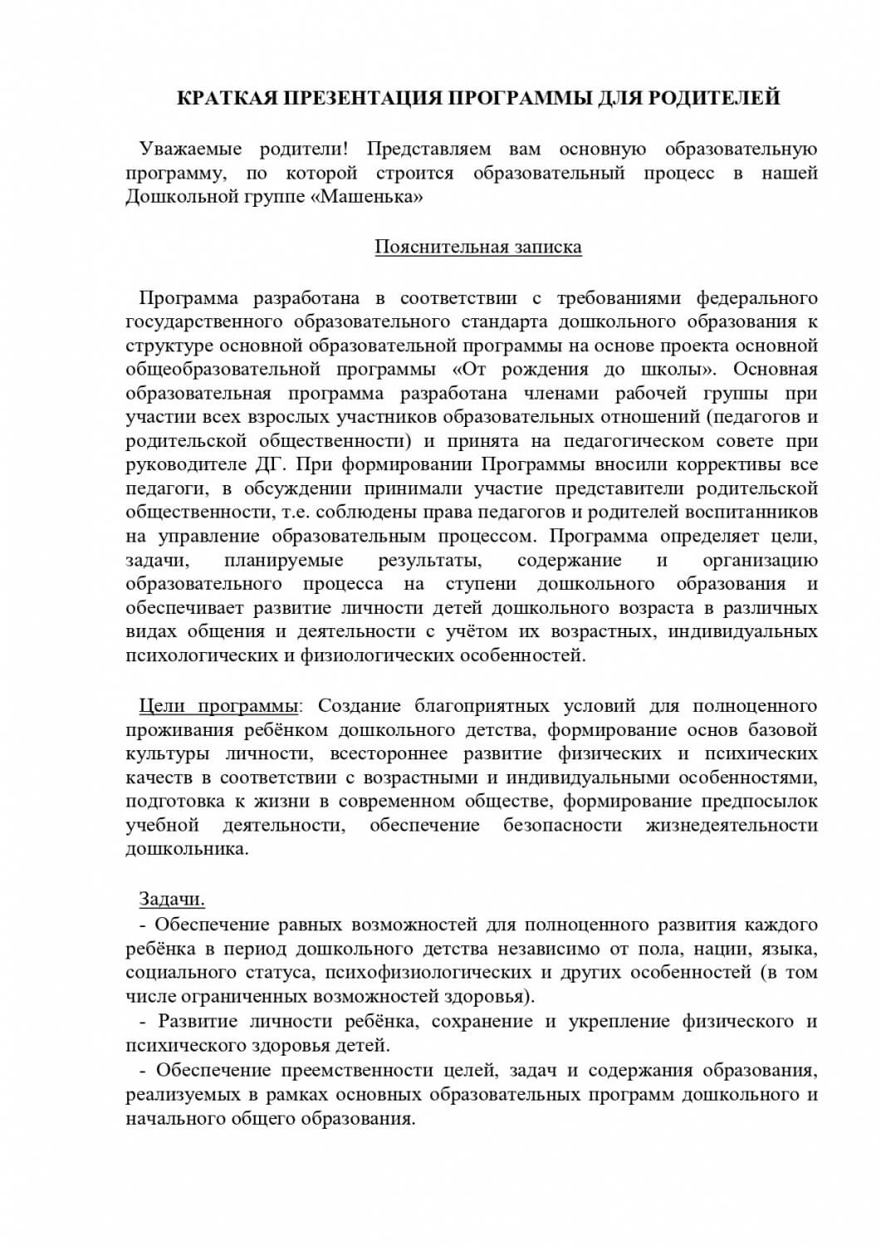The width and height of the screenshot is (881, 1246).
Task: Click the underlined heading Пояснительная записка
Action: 478,247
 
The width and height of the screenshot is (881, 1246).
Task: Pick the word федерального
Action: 756,298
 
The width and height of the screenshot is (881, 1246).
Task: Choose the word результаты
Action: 428,561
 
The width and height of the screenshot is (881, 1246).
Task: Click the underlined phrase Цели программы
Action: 218,706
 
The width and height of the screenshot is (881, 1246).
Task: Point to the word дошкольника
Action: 186,850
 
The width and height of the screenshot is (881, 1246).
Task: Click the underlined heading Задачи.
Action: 171,900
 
